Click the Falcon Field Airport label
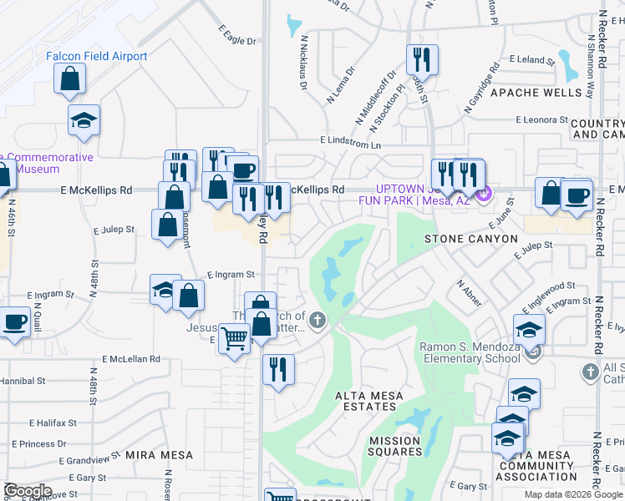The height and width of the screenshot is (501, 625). (x=96, y=57)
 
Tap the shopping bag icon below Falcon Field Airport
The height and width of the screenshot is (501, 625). (x=71, y=80)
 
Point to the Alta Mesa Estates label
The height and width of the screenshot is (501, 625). (x=369, y=401)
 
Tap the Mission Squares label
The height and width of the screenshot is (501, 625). (x=395, y=446)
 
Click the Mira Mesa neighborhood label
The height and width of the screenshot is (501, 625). (x=159, y=456)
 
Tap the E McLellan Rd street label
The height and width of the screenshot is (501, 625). (x=131, y=359)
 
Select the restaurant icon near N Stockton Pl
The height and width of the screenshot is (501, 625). (x=421, y=60)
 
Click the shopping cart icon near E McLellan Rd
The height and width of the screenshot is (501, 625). (x=235, y=339)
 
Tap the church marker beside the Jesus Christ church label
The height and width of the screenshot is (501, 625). (x=318, y=320)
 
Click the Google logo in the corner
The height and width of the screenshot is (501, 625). (x=28, y=491)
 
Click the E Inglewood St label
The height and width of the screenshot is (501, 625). (x=548, y=287)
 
